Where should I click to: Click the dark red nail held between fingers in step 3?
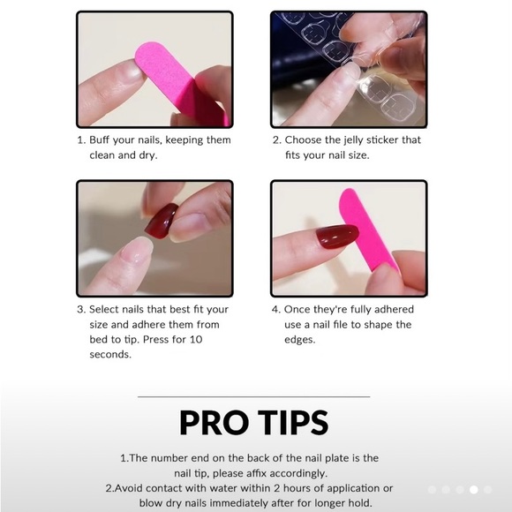pyautogui.click(x=162, y=221)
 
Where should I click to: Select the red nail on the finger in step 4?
pyautogui.click(x=337, y=236)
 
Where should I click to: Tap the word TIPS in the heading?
pyautogui.click(x=293, y=423)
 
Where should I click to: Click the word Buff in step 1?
pyautogui.click(x=100, y=139)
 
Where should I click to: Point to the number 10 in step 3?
pyautogui.click(x=196, y=340)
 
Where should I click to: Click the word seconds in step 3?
pyautogui.click(x=110, y=355)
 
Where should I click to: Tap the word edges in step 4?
pyautogui.click(x=300, y=340)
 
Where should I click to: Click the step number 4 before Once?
pyautogui.click(x=275, y=310)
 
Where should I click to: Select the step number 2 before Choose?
pyautogui.click(x=276, y=140)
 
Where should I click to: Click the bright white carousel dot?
pyautogui.click(x=473, y=489)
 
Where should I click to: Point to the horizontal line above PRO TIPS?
pyautogui.click(x=253, y=396)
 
